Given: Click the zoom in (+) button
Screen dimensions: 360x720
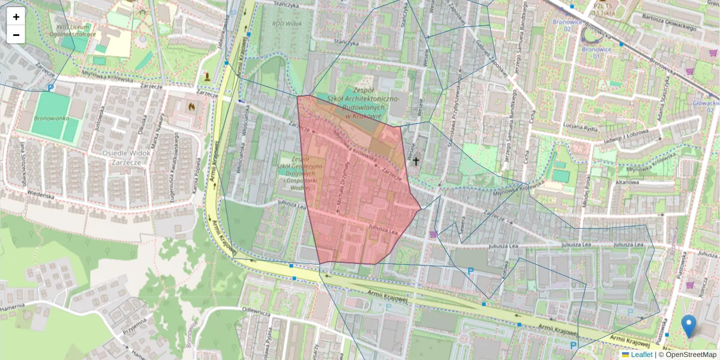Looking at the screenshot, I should tap(16, 16).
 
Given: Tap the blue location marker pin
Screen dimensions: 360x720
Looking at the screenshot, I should tap(689, 325).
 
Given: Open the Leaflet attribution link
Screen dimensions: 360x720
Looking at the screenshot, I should tap(641, 355).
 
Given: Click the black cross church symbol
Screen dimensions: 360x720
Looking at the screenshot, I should tap(416, 161).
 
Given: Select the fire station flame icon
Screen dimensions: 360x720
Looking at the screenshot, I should tap(191, 107).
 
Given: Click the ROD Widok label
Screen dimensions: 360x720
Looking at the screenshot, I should tap(287, 23).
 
